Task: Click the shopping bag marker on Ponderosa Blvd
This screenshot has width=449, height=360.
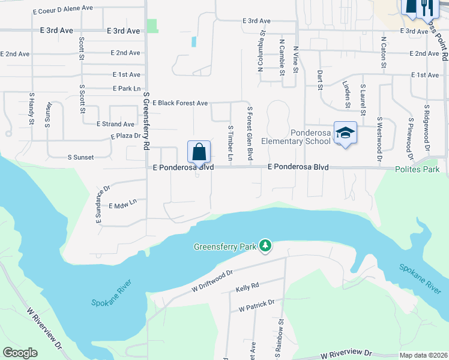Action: coord(199,152)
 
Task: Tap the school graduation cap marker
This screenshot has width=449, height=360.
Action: coord(345,133)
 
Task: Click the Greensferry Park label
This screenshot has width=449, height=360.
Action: coord(224,247)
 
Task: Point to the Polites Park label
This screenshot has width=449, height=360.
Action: coord(417,170)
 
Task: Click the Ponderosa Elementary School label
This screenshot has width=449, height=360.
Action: coord(310,137)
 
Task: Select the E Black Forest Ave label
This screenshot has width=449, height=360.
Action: coord(179,103)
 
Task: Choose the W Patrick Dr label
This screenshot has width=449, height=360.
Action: coord(256,309)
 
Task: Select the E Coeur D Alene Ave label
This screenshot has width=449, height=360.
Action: coord(63,8)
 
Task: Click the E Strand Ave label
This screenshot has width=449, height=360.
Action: coord(115,124)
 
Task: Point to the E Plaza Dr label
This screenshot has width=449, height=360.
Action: coord(125,136)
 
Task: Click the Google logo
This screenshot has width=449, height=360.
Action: coord(20,353)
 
